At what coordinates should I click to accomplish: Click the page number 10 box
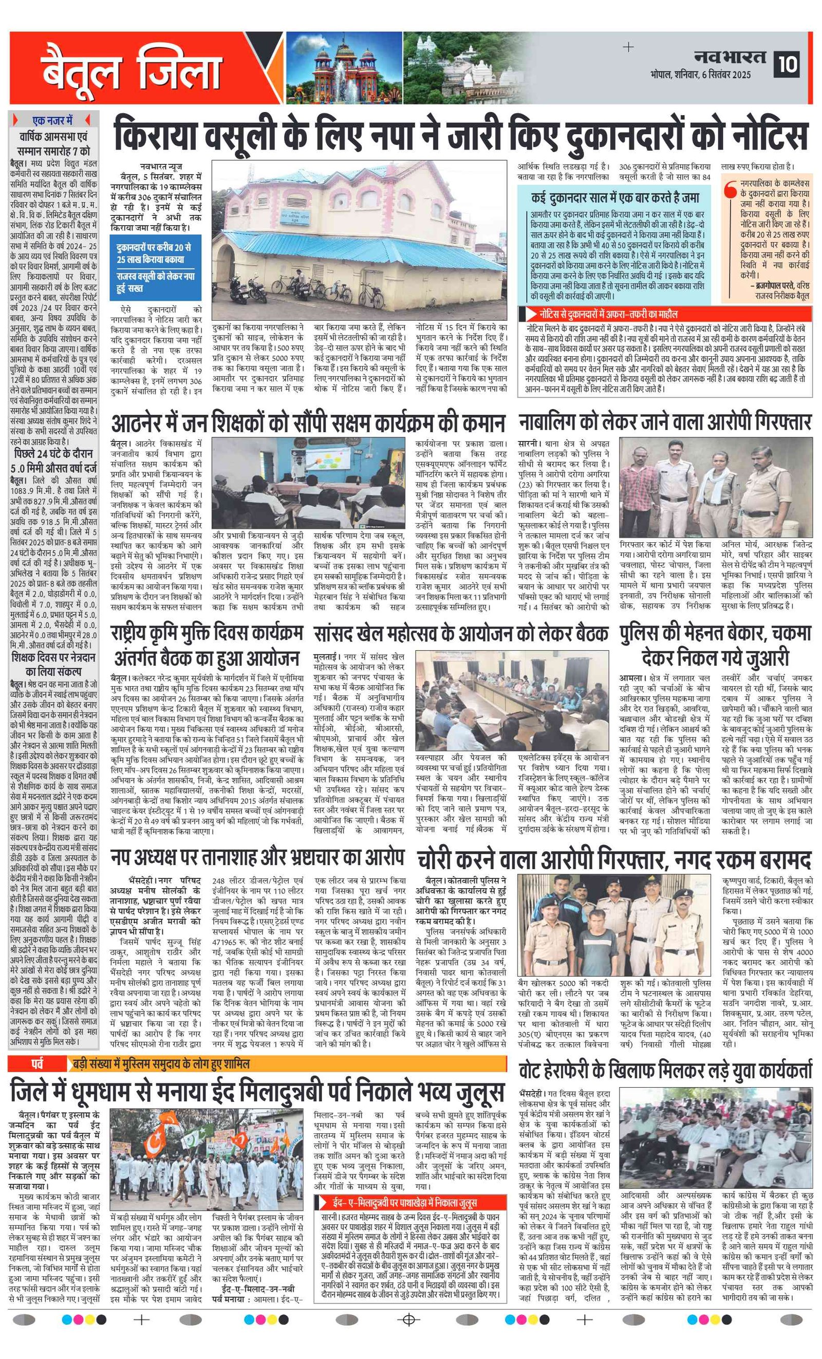coord(789,65)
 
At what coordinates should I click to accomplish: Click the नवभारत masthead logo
coord(730,57)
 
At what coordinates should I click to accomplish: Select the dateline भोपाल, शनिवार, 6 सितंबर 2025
coord(700,75)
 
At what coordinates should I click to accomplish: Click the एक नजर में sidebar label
coord(52,120)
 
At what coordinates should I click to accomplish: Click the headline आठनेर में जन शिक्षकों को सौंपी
coord(308,424)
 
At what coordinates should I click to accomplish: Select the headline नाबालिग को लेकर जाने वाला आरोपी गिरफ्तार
coord(664,423)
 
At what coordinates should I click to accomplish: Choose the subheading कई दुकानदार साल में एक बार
coord(615,197)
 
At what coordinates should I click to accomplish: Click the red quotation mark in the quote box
coord(731,190)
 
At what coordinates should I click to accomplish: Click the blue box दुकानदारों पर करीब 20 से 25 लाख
coord(156,267)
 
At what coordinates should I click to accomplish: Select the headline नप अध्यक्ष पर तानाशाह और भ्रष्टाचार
coord(257,858)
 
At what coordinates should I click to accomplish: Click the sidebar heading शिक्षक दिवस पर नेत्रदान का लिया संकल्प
coord(53,664)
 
